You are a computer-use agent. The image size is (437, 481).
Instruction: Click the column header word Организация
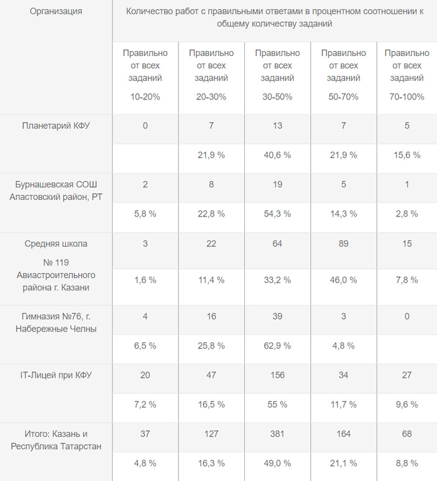56,11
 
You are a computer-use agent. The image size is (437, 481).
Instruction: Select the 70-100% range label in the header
407,96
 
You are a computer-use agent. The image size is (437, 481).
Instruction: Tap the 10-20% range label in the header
145,96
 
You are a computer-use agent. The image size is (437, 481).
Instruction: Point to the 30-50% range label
277,96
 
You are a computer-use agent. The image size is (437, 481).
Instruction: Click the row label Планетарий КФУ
56,126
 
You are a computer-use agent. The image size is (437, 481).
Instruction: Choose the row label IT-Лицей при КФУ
56,375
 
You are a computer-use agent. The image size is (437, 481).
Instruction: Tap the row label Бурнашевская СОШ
56,185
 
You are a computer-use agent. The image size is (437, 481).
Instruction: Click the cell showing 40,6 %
277,155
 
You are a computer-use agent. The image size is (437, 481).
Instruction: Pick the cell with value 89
343,243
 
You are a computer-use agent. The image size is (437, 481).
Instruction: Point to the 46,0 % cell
343,280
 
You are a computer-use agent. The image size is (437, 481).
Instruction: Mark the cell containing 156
277,375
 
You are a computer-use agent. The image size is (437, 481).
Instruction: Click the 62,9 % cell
277,345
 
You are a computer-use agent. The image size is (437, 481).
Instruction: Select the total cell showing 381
277,434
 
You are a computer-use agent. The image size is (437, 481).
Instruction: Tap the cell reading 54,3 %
277,213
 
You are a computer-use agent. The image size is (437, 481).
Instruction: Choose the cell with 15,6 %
407,155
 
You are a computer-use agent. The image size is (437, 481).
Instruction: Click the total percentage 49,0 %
277,463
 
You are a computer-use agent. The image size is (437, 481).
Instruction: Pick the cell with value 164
343,434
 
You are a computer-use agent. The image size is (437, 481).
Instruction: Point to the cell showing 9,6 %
407,404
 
